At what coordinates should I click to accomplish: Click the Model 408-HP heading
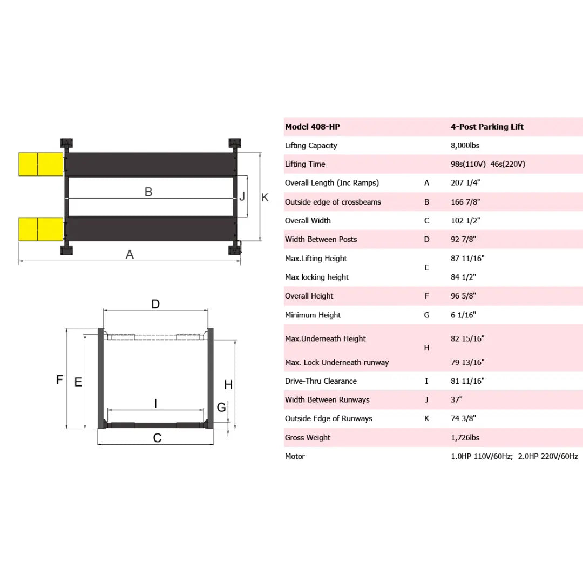[313, 127]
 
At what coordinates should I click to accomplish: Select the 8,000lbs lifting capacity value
[465, 145]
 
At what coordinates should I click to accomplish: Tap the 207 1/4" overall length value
[465, 183]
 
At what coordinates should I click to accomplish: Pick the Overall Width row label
[308, 220]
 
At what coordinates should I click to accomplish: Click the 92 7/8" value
[464, 239]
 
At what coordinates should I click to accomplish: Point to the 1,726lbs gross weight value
[465, 437]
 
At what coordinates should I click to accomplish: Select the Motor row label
[295, 456]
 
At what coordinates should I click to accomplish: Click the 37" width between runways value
[457, 400]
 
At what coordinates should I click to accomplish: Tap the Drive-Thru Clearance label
[321, 381]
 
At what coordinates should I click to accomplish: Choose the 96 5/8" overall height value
[465, 296]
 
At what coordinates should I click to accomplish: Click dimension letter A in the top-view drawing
[130, 254]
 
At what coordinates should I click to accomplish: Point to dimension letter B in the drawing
[148, 192]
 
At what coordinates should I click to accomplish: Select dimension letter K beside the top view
[265, 198]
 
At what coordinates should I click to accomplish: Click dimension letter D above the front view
[155, 304]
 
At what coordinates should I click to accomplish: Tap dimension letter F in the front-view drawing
[60, 380]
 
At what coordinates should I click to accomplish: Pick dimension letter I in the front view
[155, 403]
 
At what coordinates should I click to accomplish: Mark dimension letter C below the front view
[157, 438]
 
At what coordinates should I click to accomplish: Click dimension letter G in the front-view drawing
[221, 408]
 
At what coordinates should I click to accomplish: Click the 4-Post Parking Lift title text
[487, 127]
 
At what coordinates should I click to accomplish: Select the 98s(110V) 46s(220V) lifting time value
[488, 164]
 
